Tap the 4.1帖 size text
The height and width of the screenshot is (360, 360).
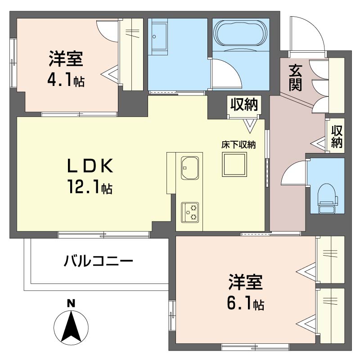[66, 81]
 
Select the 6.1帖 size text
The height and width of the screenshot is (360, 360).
[245, 304]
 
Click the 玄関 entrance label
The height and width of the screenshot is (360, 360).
[295, 78]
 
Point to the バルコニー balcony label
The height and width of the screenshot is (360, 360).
[98, 261]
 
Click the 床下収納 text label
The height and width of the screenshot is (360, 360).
[238, 145]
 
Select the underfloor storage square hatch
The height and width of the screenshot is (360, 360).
[234, 165]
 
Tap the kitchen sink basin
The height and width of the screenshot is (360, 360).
[190, 167]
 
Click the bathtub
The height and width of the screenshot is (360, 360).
[240, 33]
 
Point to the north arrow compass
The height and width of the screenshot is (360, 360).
[71, 326]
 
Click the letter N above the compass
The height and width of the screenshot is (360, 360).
[71, 303]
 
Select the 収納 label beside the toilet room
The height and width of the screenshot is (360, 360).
[337, 136]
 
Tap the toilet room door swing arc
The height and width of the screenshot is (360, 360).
[293, 173]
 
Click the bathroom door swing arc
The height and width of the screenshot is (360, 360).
[225, 72]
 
